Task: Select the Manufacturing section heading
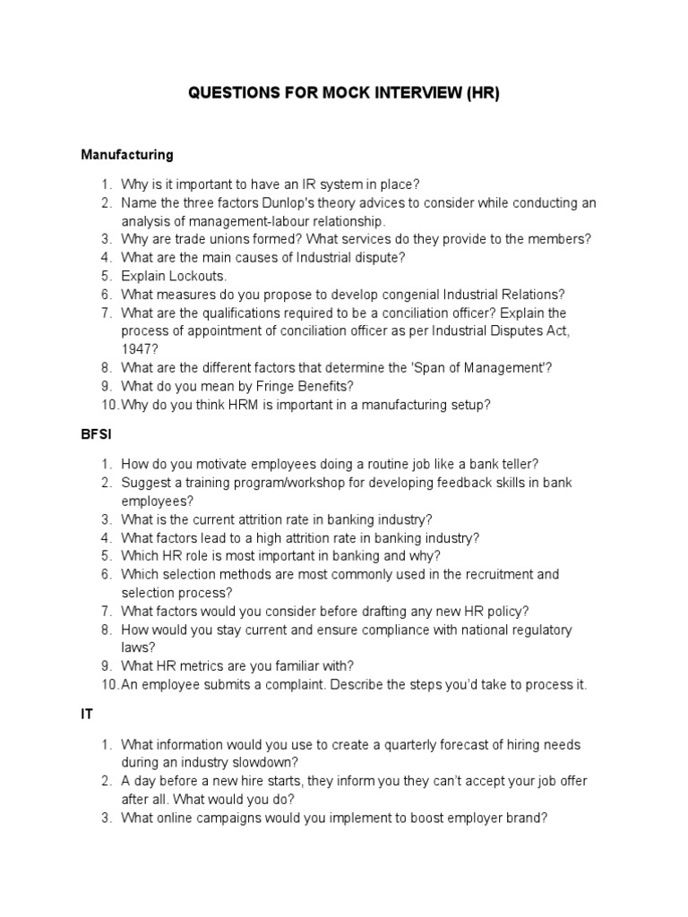click(x=126, y=155)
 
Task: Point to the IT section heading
click(x=87, y=714)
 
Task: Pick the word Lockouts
click(x=197, y=276)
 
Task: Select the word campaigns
click(x=237, y=818)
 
